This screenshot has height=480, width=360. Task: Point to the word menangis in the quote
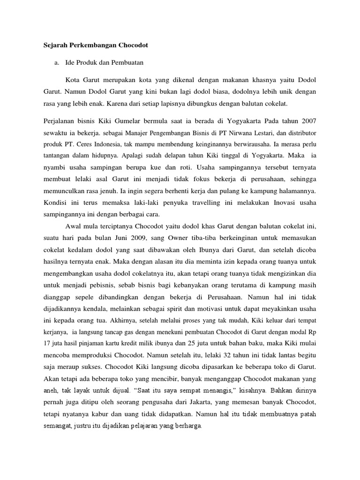[179, 390]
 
